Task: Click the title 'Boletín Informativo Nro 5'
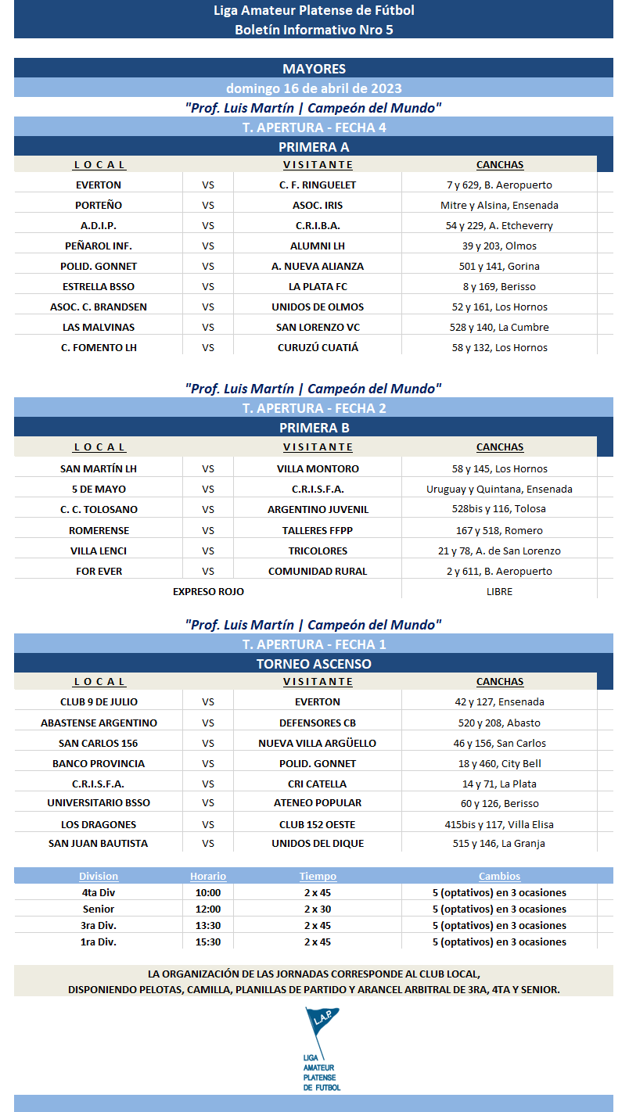314,30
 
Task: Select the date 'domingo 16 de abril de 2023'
314,88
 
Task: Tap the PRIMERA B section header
314,428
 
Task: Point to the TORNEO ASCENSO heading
314,664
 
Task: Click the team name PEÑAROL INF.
99,246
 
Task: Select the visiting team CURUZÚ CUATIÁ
318,347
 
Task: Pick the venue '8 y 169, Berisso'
499,286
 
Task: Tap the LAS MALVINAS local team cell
99,327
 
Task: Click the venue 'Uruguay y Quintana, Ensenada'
499,489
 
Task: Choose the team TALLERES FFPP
318,530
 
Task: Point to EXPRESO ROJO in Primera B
208,591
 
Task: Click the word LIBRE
499,591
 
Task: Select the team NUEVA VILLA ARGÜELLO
318,743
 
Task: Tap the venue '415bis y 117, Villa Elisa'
499,824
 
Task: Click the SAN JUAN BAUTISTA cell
99,843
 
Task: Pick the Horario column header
208,877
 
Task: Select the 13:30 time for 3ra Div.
208,925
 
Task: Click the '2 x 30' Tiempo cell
318,909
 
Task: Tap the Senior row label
99,909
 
